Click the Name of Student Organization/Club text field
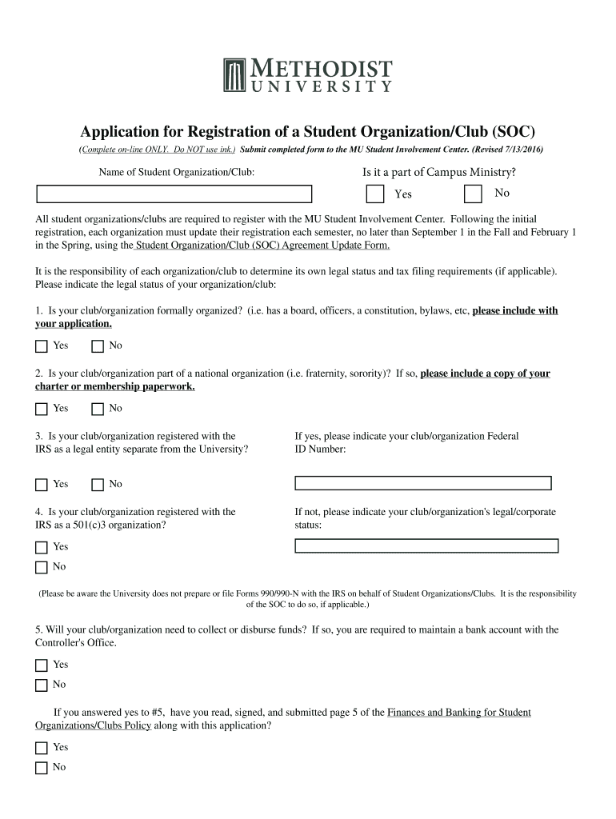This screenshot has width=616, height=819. click(174, 194)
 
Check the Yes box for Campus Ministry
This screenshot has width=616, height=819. click(374, 194)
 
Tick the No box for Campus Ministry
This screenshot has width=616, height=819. click(474, 194)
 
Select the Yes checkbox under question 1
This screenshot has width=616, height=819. click(42, 346)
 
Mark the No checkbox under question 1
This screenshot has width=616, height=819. click(98, 346)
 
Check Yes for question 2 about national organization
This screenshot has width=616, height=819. click(42, 409)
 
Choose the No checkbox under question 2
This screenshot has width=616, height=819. click(98, 409)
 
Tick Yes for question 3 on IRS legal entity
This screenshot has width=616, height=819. click(42, 485)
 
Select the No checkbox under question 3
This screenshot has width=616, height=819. click(98, 485)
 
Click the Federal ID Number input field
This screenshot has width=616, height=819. click(423, 483)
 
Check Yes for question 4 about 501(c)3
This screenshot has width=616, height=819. click(42, 548)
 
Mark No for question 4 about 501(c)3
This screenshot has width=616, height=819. click(42, 568)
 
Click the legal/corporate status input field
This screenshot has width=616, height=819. click(426, 546)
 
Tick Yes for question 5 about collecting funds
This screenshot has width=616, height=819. click(42, 665)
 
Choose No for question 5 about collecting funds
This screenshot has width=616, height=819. click(42, 685)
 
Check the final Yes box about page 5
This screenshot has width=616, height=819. click(42, 748)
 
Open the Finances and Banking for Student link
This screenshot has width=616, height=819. click(459, 712)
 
